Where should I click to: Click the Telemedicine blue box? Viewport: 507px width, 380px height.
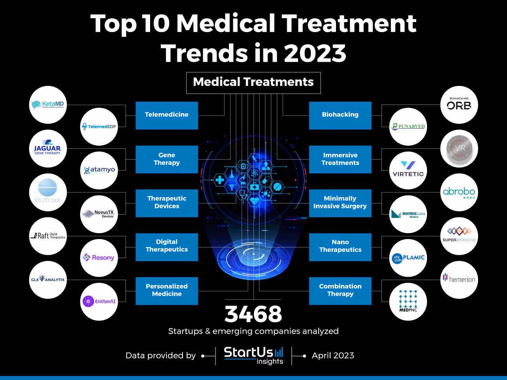pos(166,115)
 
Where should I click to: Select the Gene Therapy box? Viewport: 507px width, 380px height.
pos(166,159)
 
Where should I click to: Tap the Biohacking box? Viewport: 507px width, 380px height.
pos(340,115)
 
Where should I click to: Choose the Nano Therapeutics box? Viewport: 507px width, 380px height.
pos(340,247)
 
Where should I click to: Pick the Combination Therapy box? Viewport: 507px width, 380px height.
pos(340,291)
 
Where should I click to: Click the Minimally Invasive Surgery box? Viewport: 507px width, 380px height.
pos(340,203)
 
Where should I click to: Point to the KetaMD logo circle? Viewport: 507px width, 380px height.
pos(48,105)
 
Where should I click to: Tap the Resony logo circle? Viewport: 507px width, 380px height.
pos(99,258)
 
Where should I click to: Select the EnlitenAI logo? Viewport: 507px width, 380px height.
pos(99,301)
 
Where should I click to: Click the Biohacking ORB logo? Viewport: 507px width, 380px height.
pos(459,105)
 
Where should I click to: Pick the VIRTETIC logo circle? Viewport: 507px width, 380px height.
pos(408,170)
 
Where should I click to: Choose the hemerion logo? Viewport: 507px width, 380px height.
pos(459,279)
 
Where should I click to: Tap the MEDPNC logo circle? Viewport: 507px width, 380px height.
pos(408,301)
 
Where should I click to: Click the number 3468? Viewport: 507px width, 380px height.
pos(253,314)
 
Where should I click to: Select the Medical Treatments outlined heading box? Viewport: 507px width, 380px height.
pos(253,83)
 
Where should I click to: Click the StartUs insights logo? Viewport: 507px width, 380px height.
pos(253,355)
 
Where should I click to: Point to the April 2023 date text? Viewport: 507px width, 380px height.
pos(333,355)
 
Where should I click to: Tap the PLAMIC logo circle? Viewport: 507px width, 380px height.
pos(408,258)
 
